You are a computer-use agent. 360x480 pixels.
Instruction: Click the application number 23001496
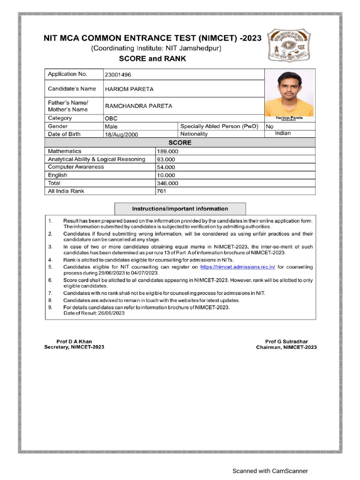point(118,75)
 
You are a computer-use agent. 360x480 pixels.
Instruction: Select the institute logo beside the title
point(289,45)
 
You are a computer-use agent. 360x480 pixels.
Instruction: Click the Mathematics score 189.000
point(167,151)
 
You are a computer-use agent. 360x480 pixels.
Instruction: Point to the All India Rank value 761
point(162,191)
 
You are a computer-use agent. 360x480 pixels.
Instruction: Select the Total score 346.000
point(167,183)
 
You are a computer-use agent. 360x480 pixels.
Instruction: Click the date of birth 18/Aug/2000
point(122,134)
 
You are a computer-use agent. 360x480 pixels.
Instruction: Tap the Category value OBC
point(111,119)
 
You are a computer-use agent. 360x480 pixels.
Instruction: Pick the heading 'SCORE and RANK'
point(152,59)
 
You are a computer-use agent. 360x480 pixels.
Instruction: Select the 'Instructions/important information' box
point(180,209)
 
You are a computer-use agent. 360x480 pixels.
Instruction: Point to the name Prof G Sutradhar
point(286,341)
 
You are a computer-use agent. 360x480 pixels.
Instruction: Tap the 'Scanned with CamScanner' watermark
point(270,471)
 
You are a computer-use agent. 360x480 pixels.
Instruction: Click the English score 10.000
point(166,175)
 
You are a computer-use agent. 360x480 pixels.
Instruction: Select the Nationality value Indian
point(283,133)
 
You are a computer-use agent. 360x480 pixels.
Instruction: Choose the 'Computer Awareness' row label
point(76,167)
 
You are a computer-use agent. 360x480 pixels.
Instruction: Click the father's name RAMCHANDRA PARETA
point(138,106)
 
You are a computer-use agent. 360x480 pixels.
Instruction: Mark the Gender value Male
point(111,127)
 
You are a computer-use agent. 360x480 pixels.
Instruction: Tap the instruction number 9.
point(50,307)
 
